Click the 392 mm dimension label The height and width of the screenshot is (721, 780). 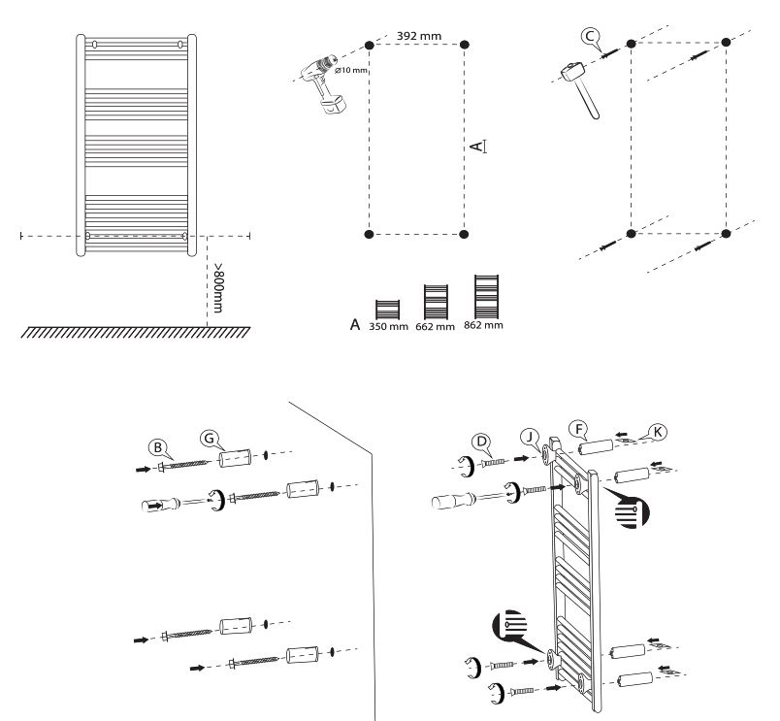point(419,36)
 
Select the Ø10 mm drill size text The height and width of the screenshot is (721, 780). point(351,70)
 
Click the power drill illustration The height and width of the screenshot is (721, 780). point(324,84)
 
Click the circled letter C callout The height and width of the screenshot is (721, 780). point(590,36)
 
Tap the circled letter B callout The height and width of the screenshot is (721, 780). point(158,447)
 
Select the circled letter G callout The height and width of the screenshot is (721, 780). point(210,439)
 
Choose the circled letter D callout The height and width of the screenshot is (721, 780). point(481,442)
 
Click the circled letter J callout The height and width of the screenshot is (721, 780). point(531,437)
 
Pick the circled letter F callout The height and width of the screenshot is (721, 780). point(578,429)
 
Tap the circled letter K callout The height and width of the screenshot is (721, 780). point(658,432)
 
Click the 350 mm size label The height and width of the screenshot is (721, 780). point(388,327)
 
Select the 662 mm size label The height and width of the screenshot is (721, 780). point(436,327)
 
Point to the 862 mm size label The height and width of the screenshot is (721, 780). point(483,325)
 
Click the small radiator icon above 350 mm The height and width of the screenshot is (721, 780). point(387,310)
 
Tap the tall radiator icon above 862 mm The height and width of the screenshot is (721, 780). point(486,297)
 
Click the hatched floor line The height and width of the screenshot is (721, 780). point(135,333)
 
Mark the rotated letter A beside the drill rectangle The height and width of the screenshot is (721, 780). point(477,147)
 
